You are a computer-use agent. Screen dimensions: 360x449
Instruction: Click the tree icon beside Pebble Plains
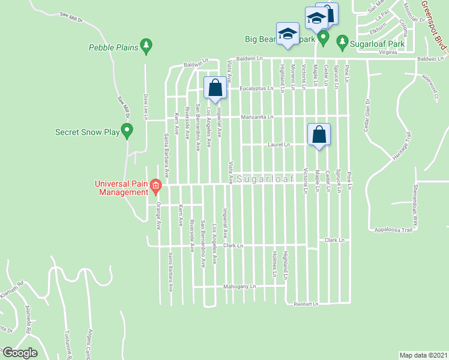coord(146,46)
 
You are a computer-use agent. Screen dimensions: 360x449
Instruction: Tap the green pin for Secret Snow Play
coord(127,130)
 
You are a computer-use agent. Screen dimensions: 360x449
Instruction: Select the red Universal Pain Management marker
coord(155,185)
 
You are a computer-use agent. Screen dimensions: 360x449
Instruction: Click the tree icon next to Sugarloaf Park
coord(342,41)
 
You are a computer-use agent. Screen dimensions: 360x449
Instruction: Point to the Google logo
coord(20,353)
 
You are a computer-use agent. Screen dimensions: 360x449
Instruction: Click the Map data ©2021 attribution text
coord(423,355)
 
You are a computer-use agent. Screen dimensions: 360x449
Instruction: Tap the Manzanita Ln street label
coord(257,116)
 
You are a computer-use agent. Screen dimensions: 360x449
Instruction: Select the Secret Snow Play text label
coord(86,132)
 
